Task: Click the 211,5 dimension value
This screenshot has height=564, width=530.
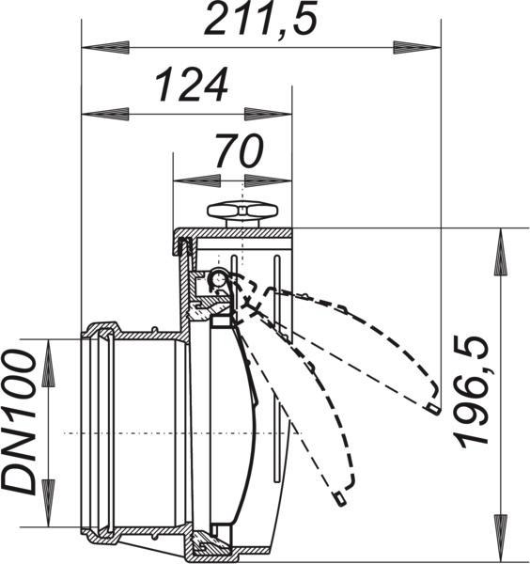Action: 261,18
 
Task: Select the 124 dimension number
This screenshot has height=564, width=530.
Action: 192,85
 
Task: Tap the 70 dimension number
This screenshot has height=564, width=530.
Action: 239,150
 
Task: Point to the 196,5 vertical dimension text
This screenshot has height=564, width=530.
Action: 472,392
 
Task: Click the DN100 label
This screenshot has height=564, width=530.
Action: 20,423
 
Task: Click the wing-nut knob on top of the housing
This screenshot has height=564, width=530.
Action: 243,213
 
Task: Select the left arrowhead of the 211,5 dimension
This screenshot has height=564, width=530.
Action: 105,47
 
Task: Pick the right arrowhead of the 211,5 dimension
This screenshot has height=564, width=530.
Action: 417,48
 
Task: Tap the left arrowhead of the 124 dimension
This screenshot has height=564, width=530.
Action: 105,114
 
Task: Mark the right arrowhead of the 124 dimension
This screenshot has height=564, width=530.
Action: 268,114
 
